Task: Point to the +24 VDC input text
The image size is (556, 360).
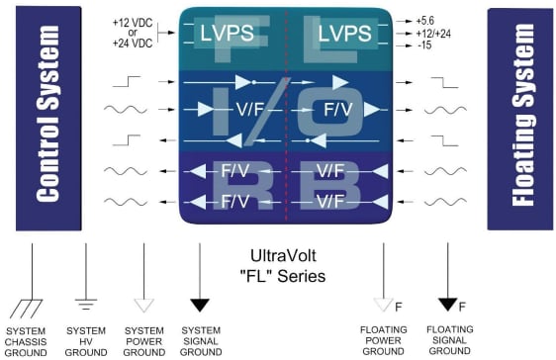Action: (147, 42)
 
